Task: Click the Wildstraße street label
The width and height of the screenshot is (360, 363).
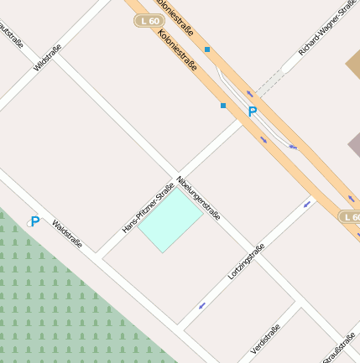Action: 48,55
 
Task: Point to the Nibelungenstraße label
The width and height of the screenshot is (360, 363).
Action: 199,198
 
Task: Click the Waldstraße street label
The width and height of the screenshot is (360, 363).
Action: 67,235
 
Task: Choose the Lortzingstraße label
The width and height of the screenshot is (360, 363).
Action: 246,262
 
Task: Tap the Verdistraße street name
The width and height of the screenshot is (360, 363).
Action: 269,336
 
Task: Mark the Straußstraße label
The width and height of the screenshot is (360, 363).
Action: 340,345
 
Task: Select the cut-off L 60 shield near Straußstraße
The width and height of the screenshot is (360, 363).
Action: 350,216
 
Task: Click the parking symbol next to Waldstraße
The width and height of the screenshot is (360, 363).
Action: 34,221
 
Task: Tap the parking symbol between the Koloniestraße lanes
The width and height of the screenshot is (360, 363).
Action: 251,111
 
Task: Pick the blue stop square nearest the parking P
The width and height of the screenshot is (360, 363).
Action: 223,106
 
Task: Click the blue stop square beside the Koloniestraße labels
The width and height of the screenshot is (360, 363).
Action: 207,49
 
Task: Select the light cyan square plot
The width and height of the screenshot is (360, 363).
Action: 170,221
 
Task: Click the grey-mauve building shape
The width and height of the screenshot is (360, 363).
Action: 354,144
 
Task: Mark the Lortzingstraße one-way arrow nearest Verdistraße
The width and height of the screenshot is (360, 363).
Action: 201,305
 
